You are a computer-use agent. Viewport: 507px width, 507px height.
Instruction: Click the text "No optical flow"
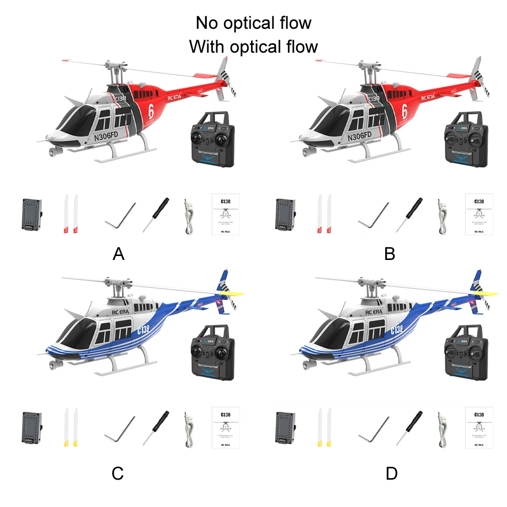[x=253, y=23]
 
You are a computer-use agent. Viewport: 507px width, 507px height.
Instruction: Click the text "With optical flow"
[x=253, y=47]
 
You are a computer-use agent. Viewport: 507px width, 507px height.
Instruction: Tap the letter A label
[x=118, y=254]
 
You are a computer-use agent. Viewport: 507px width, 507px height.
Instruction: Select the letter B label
[x=390, y=254]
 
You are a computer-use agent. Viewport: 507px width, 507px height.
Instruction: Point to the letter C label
[x=117, y=474]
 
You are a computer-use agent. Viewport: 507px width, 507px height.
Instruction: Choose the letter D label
[x=392, y=474]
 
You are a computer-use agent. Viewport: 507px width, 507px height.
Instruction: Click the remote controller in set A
[x=213, y=139]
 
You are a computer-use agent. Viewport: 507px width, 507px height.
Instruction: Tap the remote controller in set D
[x=466, y=353]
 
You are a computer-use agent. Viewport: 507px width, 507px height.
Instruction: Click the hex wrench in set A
[x=121, y=216]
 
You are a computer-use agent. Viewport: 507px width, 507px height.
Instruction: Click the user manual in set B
[x=479, y=214]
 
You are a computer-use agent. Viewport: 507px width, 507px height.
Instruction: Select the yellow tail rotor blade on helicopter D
[x=489, y=293]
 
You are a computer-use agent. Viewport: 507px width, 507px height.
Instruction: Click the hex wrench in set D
[x=374, y=428]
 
